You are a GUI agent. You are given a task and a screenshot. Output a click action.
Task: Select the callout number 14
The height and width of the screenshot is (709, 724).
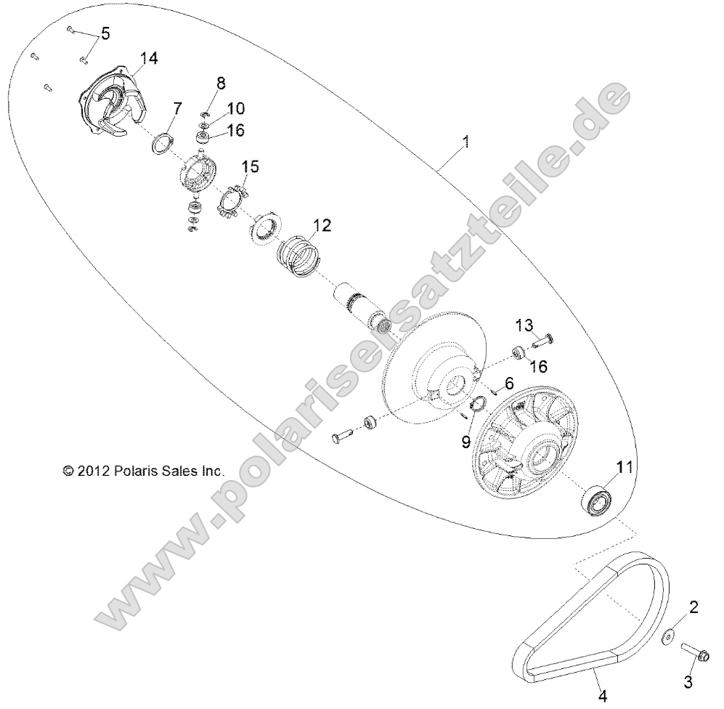click(148, 59)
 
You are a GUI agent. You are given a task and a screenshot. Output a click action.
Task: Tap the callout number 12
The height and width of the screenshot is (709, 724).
click(322, 225)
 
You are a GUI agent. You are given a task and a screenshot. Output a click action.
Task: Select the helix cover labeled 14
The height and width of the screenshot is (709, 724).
click(109, 109)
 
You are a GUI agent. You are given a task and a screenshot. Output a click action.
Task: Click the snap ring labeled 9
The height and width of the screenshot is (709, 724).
click(480, 405)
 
